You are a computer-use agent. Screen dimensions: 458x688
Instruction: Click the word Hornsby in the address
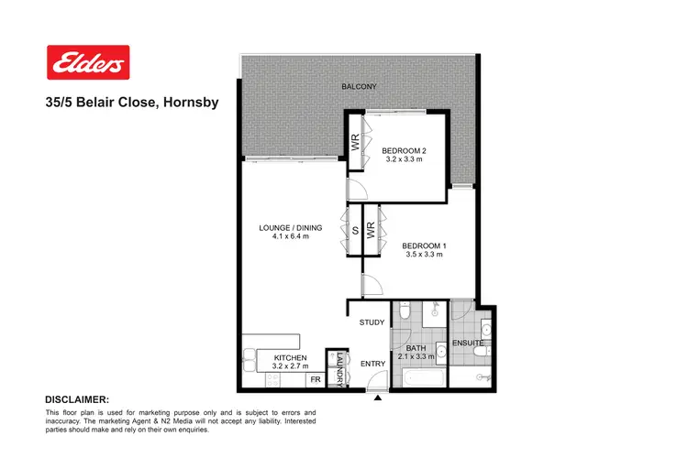click(x=191, y=103)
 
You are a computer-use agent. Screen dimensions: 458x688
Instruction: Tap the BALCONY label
click(x=359, y=87)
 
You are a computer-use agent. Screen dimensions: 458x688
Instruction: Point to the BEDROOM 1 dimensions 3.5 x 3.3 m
click(x=422, y=255)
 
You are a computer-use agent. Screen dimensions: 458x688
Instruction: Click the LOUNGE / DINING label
click(x=284, y=227)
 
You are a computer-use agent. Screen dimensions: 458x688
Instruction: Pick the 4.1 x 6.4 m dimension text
click(x=284, y=237)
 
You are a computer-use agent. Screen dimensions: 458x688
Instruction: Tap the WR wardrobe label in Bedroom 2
click(x=354, y=143)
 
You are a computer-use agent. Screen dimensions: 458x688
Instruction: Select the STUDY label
click(x=372, y=322)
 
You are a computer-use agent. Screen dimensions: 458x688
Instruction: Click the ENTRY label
click(x=372, y=364)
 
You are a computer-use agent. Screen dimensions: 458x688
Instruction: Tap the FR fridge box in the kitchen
click(x=315, y=379)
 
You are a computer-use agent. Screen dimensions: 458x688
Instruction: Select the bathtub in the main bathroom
click(x=418, y=377)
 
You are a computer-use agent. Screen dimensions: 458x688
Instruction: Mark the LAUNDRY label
click(x=338, y=369)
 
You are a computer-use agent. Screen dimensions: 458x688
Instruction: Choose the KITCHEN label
click(x=290, y=357)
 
